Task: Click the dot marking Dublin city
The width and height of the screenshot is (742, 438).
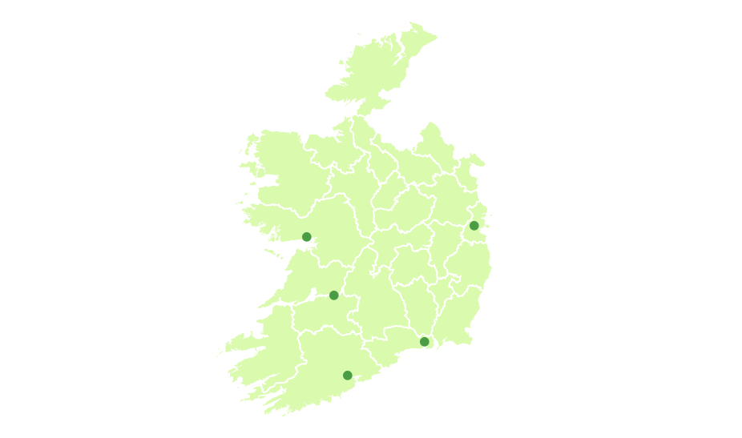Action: click(474, 226)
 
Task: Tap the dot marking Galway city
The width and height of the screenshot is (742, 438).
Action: click(306, 236)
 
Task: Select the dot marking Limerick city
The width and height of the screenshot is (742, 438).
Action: click(334, 295)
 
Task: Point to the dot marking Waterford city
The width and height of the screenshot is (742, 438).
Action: click(425, 342)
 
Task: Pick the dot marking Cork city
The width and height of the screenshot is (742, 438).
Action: click(347, 375)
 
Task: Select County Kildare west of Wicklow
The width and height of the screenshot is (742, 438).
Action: click(442, 248)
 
